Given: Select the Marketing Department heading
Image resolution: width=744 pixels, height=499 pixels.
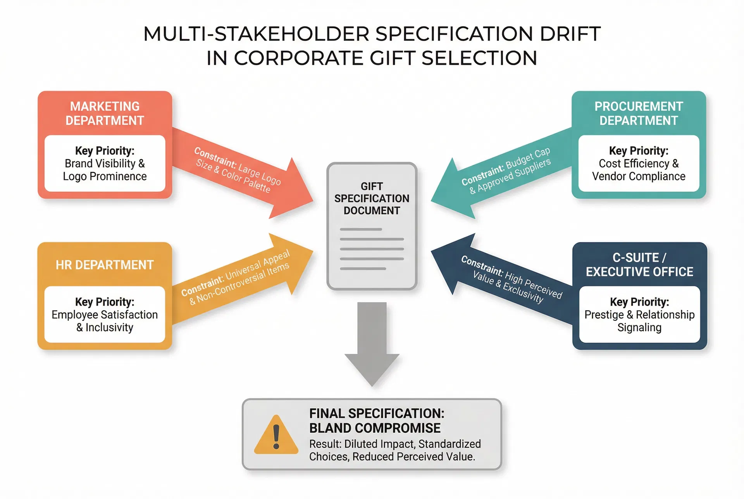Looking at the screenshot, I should pyautogui.click(x=105, y=113).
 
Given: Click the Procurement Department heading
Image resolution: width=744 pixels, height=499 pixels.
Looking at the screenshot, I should pyautogui.click(x=639, y=113).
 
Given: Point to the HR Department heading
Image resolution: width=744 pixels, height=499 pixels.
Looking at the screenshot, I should pyautogui.click(x=105, y=265).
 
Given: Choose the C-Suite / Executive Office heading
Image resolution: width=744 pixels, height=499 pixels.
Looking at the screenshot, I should pyautogui.click(x=639, y=265).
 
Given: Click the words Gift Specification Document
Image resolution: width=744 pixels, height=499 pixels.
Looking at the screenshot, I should pyautogui.click(x=372, y=198).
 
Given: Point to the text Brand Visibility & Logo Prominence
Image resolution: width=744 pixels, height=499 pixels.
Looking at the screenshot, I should pyautogui.click(x=105, y=170).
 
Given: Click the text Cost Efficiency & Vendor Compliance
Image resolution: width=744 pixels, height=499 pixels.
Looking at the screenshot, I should pyautogui.click(x=639, y=170).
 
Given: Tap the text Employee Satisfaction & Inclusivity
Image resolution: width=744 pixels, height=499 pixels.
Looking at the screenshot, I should pyautogui.click(x=105, y=321).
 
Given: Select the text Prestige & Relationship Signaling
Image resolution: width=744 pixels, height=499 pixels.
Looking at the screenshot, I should pyautogui.click(x=639, y=321).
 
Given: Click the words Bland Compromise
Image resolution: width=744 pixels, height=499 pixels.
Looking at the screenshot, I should pyautogui.click(x=375, y=428).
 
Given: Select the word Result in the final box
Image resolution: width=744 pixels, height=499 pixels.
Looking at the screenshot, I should pyautogui.click(x=324, y=444).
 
